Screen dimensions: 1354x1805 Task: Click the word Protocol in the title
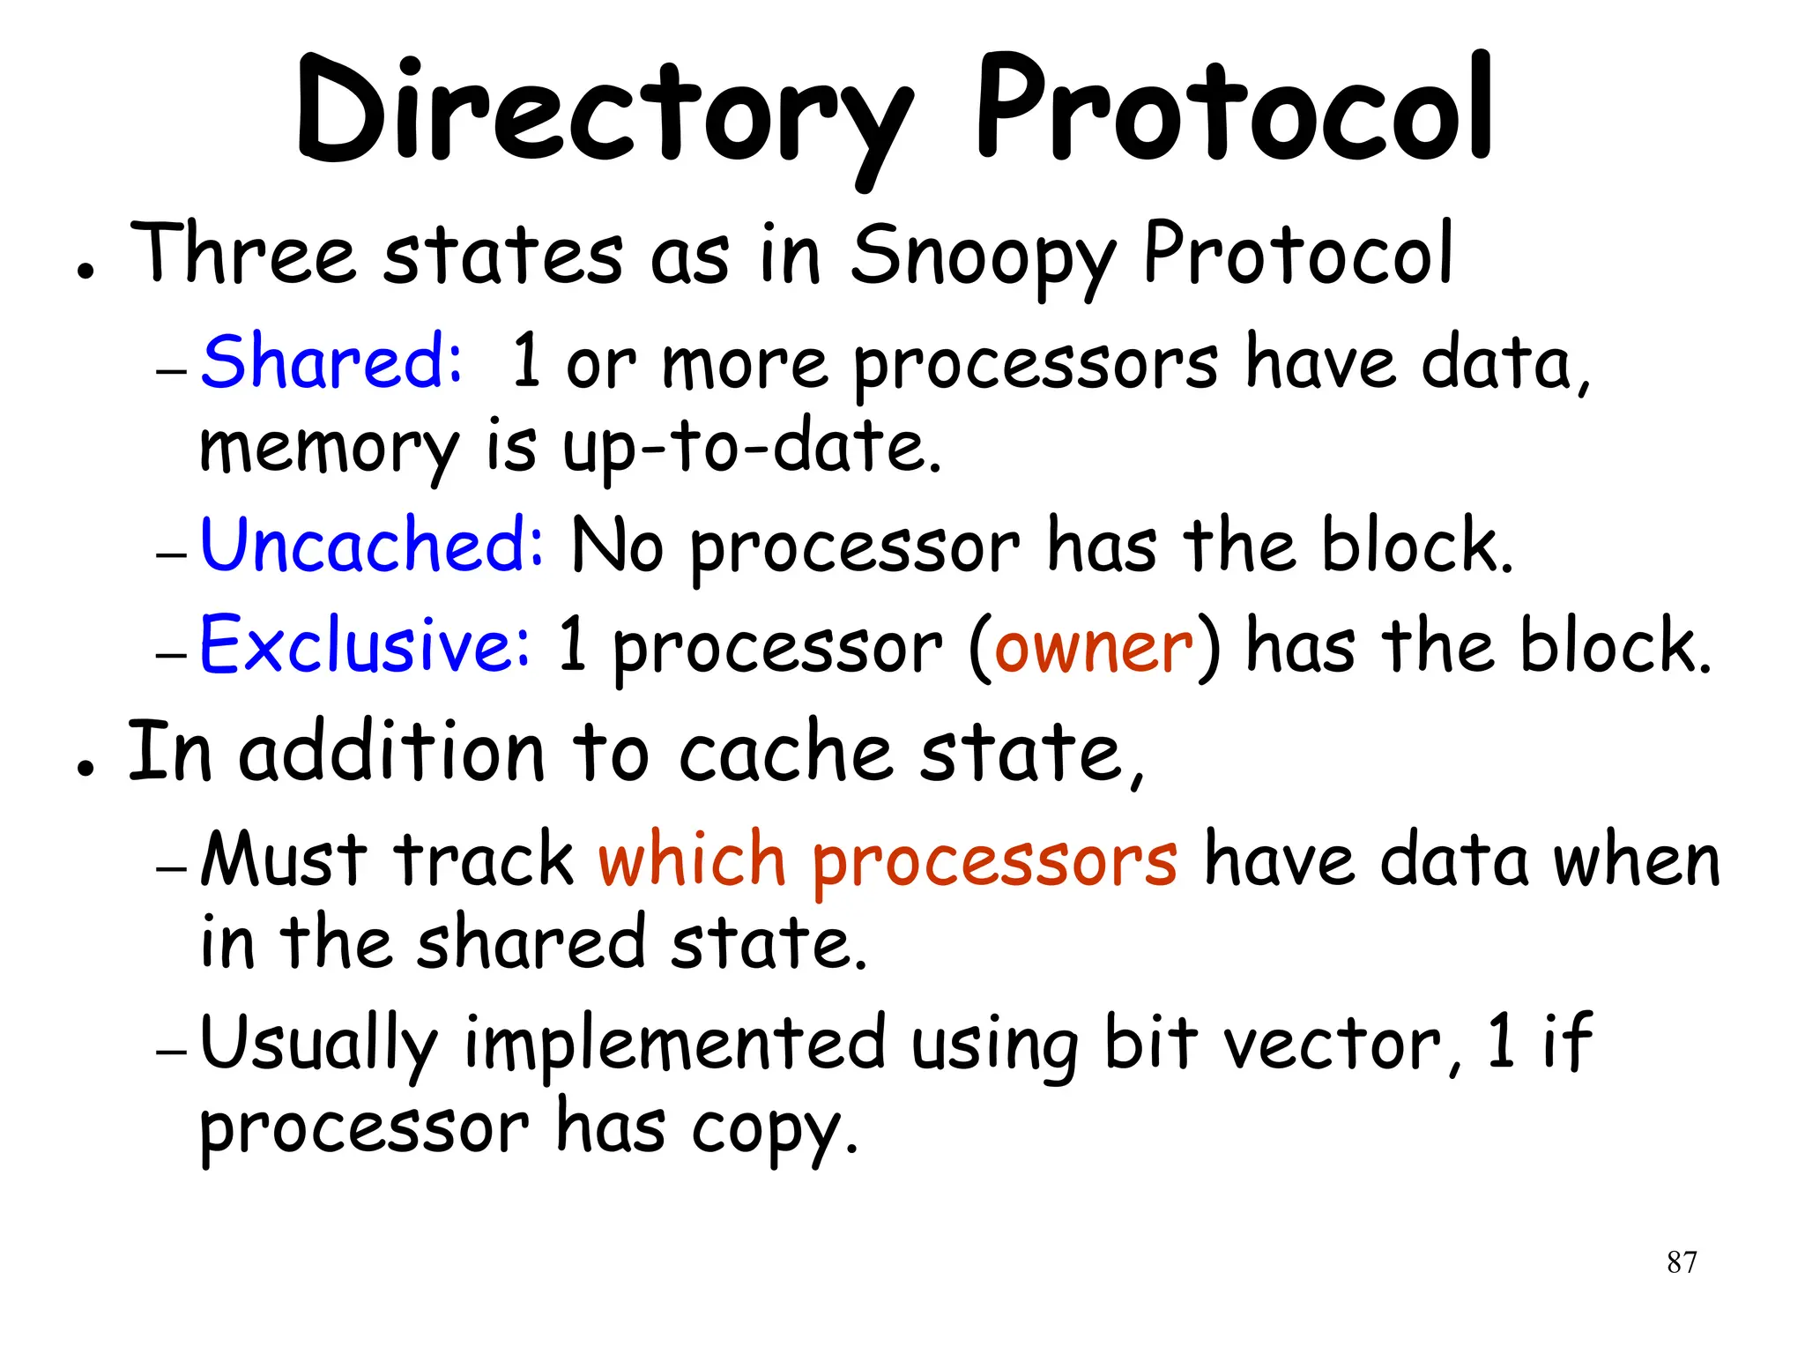[x=1234, y=110]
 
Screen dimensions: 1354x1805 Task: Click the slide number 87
[x=1682, y=1262]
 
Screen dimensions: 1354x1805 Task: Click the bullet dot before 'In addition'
[x=85, y=768]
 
